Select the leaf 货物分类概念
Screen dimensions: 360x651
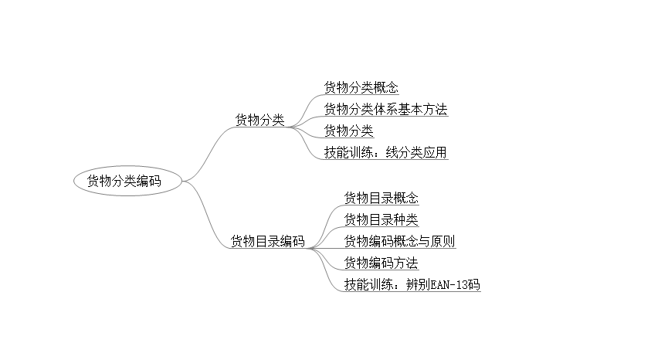pos(361,87)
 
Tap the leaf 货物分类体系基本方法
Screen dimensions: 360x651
pos(385,109)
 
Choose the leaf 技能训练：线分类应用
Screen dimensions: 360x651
pos(385,152)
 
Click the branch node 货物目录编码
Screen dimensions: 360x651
pos(267,241)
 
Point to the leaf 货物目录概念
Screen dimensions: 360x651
pos(381,198)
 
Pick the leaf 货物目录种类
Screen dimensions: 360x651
pos(381,219)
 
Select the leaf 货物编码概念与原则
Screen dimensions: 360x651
pos(399,241)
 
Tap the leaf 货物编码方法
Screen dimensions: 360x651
pos(381,263)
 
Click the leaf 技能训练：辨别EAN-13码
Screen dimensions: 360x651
pos(412,284)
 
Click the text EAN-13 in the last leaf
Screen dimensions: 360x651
pos(449,284)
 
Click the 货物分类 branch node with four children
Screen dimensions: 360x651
pos(259,120)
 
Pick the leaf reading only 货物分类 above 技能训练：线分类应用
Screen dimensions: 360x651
pos(348,131)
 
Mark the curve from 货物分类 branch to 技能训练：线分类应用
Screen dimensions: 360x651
pos(309,142)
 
